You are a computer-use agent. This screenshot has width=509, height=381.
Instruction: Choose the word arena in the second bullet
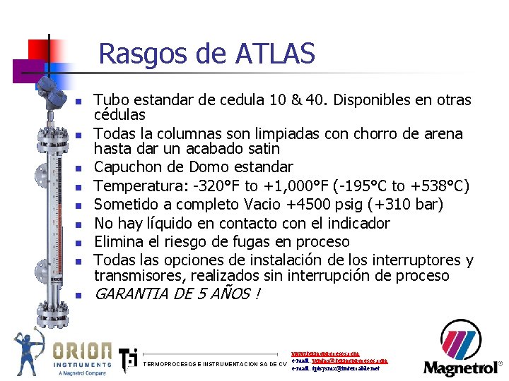coord(444,134)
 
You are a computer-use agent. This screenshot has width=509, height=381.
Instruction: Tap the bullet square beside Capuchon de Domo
coord(81,169)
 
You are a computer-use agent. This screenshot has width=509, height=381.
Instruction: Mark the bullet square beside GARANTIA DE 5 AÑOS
coord(81,296)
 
